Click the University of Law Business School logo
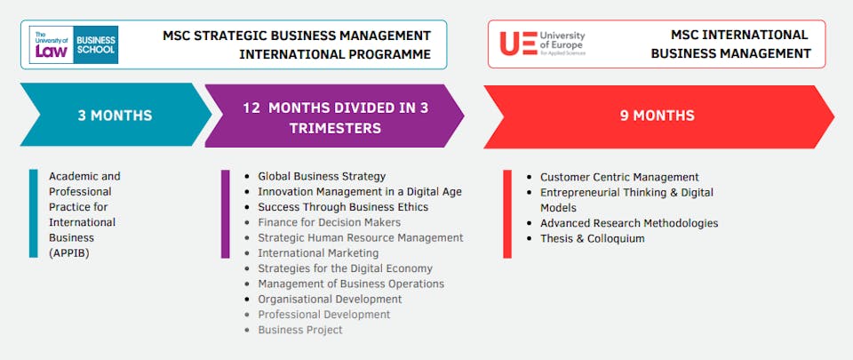[x=74, y=44]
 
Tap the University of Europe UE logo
[x=542, y=44]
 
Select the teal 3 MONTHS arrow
[x=116, y=115]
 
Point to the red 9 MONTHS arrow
[x=658, y=116]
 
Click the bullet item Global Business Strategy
[x=322, y=176]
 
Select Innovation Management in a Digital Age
[x=360, y=191]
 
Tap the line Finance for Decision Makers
[x=329, y=222]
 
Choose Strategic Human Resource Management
[x=360, y=237]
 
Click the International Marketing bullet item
[x=318, y=252]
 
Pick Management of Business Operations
[x=351, y=284]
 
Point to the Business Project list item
[x=300, y=330]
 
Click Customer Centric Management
[x=619, y=177]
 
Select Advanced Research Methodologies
[x=629, y=223]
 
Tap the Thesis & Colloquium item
[x=593, y=238]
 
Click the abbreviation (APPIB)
[x=68, y=252]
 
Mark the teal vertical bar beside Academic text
[x=34, y=213]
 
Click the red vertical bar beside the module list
[x=507, y=214]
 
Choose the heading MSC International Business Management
[x=731, y=44]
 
